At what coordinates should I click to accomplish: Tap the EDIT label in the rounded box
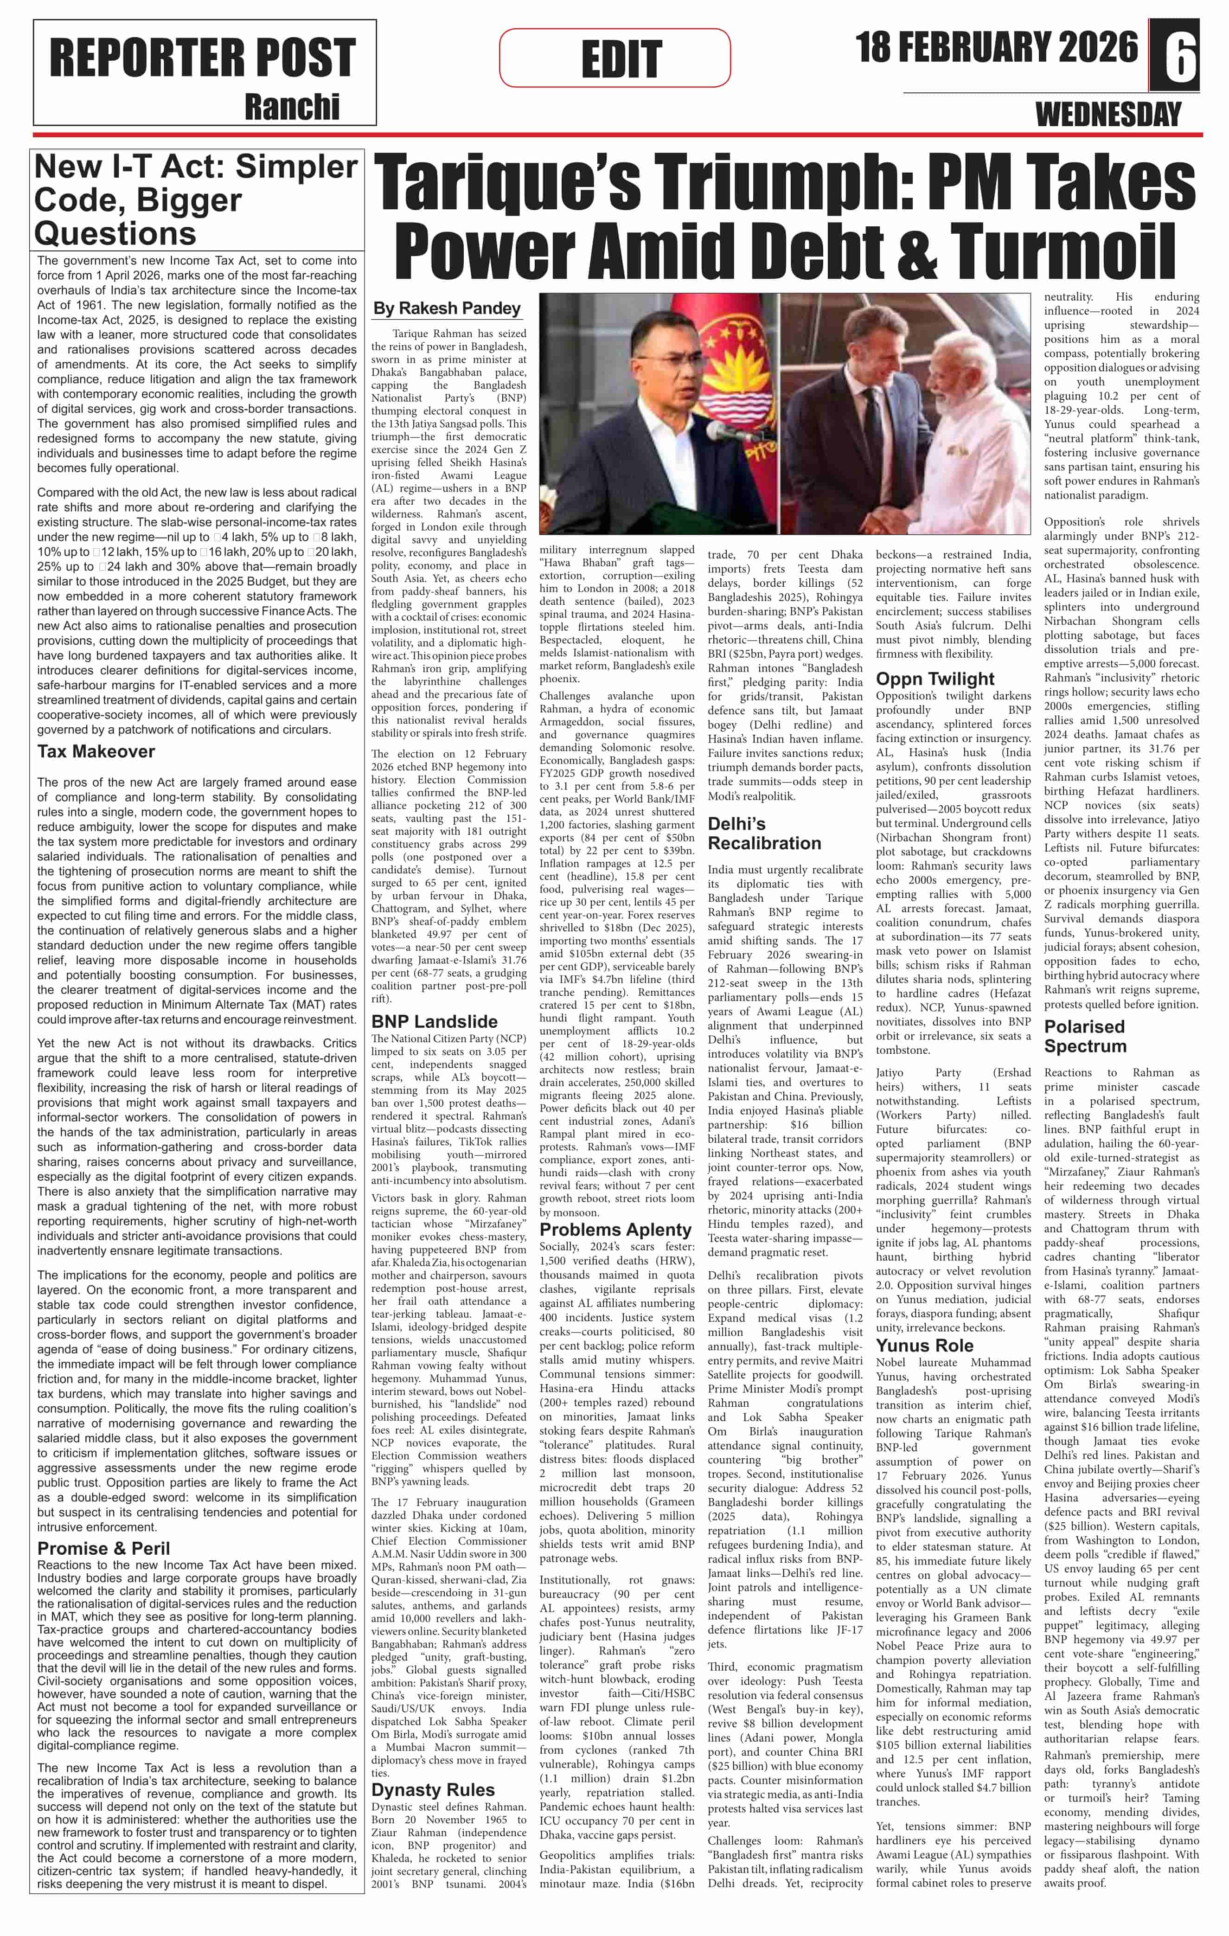621,58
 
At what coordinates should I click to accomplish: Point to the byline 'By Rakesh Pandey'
447,308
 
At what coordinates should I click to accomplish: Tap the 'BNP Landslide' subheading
434,1021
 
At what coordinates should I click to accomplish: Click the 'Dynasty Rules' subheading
432,1790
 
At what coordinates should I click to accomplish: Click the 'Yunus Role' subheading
924,1346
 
